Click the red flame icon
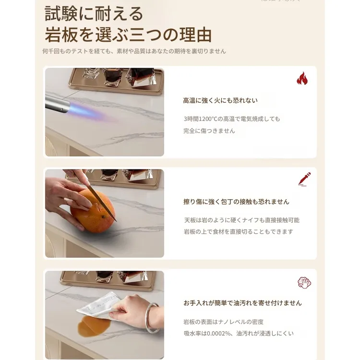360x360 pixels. (302, 79)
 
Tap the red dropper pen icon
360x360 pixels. (304, 179)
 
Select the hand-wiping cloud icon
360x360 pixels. (304, 282)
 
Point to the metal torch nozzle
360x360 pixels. (57, 104)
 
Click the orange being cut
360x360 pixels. (93, 211)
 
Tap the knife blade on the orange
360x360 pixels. (101, 202)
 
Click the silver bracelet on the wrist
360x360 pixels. (152, 318)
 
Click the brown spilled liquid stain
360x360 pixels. (94, 326)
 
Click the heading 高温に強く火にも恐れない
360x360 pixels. (220, 100)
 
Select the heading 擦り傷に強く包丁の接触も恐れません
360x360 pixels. (236, 202)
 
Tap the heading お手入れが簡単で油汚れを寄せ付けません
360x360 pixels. (242, 303)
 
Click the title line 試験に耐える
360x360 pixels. (94, 14)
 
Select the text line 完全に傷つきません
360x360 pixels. (209, 131)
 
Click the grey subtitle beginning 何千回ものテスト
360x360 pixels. (134, 51)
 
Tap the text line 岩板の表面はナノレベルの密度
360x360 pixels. (223, 322)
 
